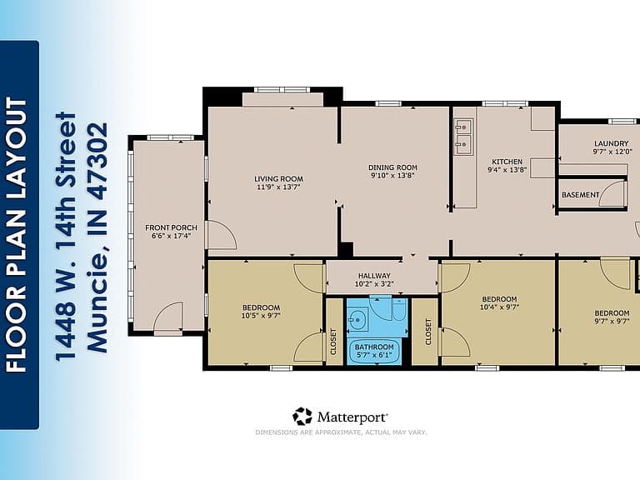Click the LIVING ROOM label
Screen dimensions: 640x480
pyautogui.click(x=279, y=179)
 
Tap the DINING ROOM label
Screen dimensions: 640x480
pyautogui.click(x=392, y=167)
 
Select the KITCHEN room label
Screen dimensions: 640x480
pyautogui.click(x=507, y=162)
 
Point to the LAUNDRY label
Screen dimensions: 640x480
pyautogui.click(x=611, y=143)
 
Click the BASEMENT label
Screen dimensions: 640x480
pyautogui.click(x=580, y=195)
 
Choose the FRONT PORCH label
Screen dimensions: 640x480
pyautogui.click(x=171, y=227)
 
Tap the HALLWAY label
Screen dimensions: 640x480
pyautogui.click(x=374, y=276)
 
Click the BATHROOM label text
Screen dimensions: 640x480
pyautogui.click(x=374, y=347)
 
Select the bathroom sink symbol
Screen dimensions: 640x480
pyautogui.click(x=358, y=319)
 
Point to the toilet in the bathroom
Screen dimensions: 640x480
pyautogui.click(x=399, y=309)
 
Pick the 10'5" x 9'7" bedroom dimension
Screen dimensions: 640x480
pyautogui.click(x=261, y=316)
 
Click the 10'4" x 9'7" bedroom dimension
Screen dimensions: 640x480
pyautogui.click(x=500, y=307)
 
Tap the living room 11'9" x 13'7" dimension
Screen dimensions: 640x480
pyautogui.click(x=279, y=187)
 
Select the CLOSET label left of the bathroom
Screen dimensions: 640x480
pyautogui.click(x=333, y=342)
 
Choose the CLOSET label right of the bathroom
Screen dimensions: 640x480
pyautogui.click(x=428, y=332)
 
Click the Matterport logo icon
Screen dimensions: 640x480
pyautogui.click(x=302, y=417)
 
